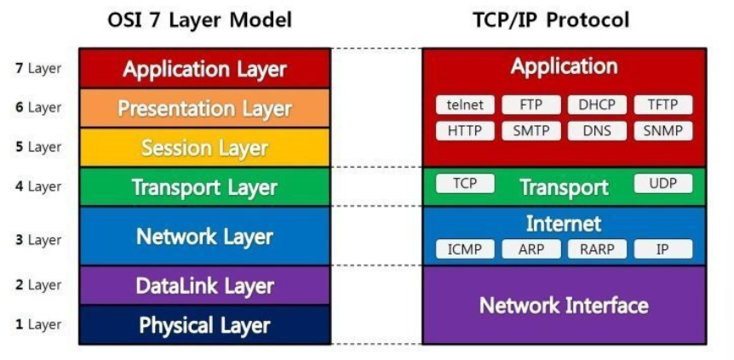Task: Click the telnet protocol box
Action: (x=465, y=106)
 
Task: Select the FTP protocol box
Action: (x=530, y=106)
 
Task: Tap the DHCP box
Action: (x=597, y=106)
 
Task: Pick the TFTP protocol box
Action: (x=663, y=106)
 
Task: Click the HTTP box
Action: (x=465, y=131)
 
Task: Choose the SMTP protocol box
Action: (x=530, y=131)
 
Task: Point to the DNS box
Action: (x=597, y=131)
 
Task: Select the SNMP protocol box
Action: (x=663, y=131)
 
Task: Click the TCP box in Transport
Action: (x=465, y=184)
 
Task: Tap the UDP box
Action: (x=663, y=184)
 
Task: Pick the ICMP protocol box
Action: (x=465, y=249)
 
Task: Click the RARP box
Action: (x=597, y=249)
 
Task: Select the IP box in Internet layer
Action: (x=663, y=249)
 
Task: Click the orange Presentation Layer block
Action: (x=204, y=109)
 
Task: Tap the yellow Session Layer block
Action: (x=204, y=148)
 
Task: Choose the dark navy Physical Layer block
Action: (x=204, y=325)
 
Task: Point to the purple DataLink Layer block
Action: (x=204, y=286)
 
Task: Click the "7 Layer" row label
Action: (x=38, y=68)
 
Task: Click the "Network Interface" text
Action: (x=564, y=306)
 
